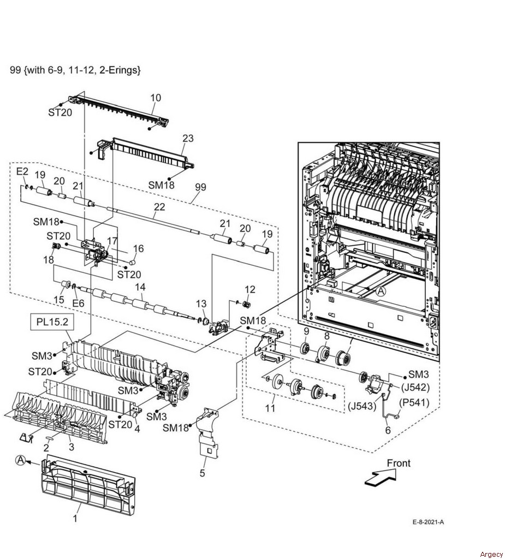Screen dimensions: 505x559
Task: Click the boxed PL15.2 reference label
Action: click(x=52, y=322)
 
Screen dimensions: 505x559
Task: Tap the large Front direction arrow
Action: click(x=381, y=477)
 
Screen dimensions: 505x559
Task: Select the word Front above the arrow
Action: click(x=399, y=463)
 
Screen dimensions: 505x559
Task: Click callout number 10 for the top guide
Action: click(x=156, y=98)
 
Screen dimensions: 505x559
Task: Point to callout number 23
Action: click(x=188, y=138)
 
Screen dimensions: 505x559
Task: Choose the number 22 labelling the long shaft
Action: click(x=160, y=207)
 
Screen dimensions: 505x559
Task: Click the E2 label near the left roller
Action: click(x=22, y=171)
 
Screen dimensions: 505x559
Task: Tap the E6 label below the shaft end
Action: click(x=78, y=303)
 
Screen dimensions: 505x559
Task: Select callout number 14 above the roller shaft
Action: click(x=140, y=287)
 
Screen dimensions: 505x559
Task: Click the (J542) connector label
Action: click(x=415, y=387)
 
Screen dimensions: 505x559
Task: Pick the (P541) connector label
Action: click(x=414, y=402)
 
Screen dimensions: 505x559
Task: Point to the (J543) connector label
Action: click(x=363, y=406)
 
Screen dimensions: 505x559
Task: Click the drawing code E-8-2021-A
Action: click(x=428, y=522)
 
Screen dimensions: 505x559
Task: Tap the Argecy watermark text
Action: click(x=491, y=554)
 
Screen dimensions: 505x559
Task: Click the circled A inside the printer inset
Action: click(x=381, y=292)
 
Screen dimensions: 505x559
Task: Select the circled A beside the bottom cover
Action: click(x=21, y=460)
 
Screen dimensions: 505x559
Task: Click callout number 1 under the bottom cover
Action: click(x=75, y=519)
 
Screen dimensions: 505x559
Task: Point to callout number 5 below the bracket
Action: click(x=202, y=473)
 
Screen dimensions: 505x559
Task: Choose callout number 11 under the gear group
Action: click(x=270, y=407)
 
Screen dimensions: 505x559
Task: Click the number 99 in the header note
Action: click(x=15, y=70)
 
